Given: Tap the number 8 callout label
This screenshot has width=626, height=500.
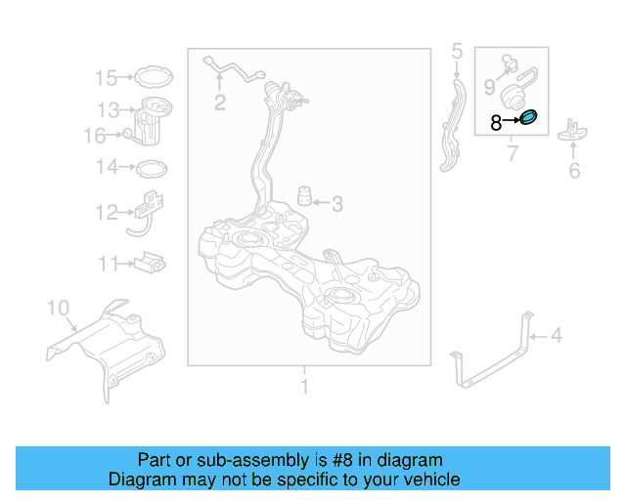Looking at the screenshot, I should (x=496, y=123).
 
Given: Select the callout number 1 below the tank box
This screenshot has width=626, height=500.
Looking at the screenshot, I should (x=303, y=388).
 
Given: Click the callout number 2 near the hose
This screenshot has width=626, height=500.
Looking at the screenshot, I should (x=220, y=102).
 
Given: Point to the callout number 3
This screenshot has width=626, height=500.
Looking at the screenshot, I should (x=337, y=204).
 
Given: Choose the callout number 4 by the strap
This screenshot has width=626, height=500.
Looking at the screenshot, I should (x=556, y=336).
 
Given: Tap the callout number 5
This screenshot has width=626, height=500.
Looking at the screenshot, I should (x=456, y=50).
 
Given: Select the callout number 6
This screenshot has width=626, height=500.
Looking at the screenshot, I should (x=574, y=172).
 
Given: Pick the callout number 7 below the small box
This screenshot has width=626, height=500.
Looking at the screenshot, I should (x=512, y=154).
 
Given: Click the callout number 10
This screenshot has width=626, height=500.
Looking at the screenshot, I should (x=59, y=310).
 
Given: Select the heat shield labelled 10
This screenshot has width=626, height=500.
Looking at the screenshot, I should (x=108, y=342).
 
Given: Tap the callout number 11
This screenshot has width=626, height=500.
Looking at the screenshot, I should (x=106, y=263).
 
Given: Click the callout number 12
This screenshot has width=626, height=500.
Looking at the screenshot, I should (x=106, y=212).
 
